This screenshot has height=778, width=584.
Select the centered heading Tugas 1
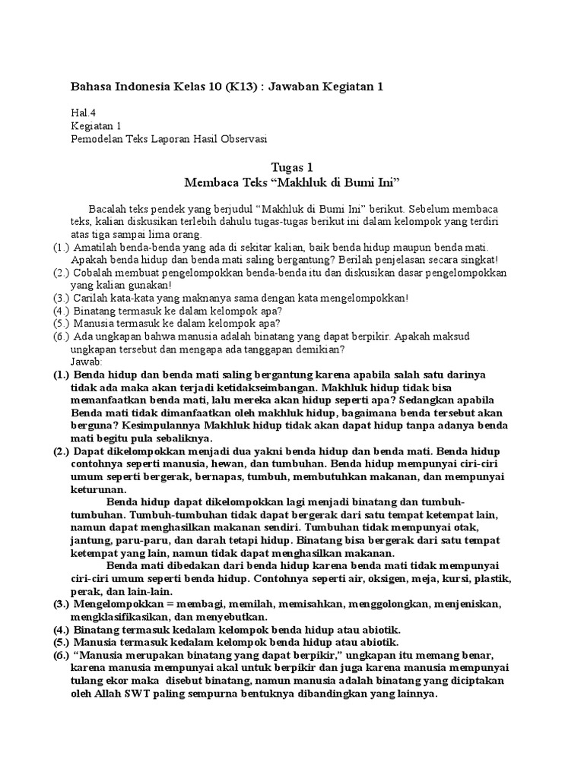292,167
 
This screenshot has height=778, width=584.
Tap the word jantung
93,540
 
